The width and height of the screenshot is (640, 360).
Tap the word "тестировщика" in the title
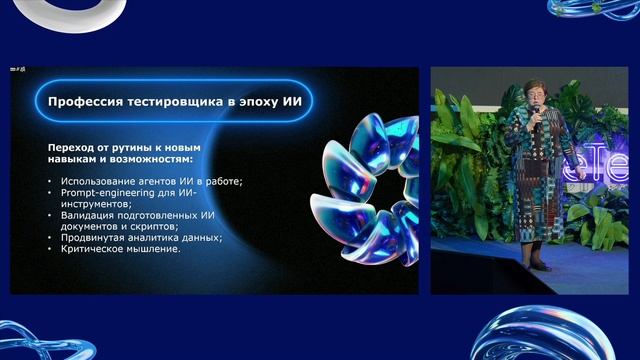click(178, 101)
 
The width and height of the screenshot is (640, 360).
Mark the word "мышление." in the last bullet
click(157, 249)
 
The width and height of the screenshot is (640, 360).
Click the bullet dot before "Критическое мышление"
click(50, 249)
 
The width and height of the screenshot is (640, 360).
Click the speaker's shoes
click(541, 266)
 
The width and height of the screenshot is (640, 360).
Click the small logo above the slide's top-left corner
click(17, 70)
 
